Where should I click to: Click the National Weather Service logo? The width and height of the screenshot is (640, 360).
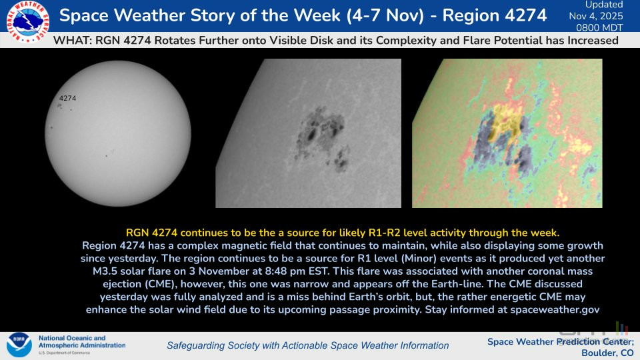tap(28, 21)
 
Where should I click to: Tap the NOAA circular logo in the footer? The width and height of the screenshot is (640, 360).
tap(19, 345)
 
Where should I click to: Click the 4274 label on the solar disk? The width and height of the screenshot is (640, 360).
tap(67, 98)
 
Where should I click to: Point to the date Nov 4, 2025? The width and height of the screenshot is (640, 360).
tap(596, 16)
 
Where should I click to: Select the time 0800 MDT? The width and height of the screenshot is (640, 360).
tap(599, 27)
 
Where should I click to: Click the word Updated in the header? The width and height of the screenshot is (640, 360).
tap(604, 5)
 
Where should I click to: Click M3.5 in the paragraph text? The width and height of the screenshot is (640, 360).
tap(105, 271)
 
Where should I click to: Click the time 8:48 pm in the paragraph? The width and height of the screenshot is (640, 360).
tap(281, 271)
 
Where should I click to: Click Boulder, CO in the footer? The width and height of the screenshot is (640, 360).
tap(607, 353)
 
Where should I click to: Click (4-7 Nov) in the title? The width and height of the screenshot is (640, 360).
tap(385, 15)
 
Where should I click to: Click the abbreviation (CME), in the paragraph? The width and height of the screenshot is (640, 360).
tap(160, 284)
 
